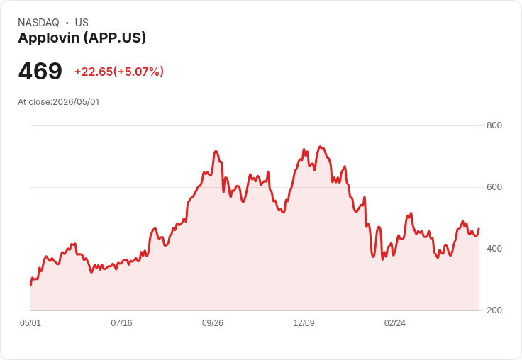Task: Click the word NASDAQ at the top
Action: tap(38, 23)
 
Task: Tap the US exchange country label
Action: tap(82, 23)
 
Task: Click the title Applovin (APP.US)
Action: tap(82, 38)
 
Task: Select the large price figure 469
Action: tap(40, 71)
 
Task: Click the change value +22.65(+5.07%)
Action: tap(119, 72)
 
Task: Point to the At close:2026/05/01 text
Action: tap(59, 102)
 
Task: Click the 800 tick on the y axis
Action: tap(494, 125)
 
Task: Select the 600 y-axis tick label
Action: tap(494, 187)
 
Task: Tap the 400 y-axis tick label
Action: tap(494, 249)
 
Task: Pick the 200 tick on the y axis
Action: tap(494, 310)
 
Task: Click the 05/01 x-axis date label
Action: tap(30, 323)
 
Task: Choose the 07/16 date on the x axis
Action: tap(121, 323)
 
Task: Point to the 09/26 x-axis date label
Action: tap(213, 323)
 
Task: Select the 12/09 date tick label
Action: tap(304, 323)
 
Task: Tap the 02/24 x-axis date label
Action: tap(395, 323)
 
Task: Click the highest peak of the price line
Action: tap(320, 147)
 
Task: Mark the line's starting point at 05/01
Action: tap(30, 286)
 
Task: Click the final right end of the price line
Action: tap(479, 229)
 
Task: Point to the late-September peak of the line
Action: tap(216, 151)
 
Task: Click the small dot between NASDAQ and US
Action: tap(67, 23)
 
